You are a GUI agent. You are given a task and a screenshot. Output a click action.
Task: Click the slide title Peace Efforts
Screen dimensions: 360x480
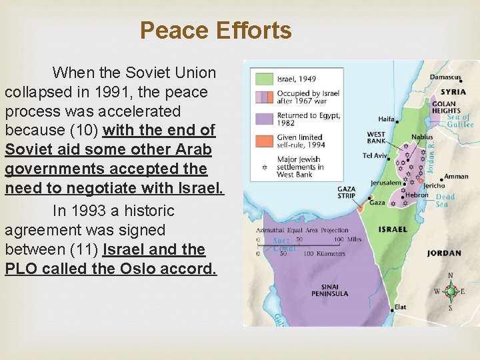coord(215,31)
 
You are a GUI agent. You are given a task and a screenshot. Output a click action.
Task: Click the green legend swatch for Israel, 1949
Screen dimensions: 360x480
coord(263,79)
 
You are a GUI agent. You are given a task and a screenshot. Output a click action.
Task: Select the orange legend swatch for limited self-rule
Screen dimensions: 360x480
coord(263,141)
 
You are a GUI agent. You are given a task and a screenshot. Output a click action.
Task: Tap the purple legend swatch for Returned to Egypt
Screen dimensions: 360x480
coord(263,119)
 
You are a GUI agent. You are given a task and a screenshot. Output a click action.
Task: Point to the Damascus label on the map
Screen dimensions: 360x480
coord(446,78)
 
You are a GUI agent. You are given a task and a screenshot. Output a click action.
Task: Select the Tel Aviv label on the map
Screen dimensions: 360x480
coord(373,156)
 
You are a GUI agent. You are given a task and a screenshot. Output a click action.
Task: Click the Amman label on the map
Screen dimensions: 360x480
coord(457,177)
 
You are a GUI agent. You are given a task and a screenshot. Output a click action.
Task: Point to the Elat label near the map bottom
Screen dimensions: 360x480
coord(400,307)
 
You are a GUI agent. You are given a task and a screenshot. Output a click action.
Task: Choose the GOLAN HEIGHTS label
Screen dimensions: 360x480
coord(444,107)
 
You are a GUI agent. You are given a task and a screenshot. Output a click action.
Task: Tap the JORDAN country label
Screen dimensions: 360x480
coord(444,253)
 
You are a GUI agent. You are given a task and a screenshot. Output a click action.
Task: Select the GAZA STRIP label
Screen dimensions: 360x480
coord(347,193)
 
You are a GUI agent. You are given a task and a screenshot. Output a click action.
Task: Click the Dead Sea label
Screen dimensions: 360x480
coord(445,201)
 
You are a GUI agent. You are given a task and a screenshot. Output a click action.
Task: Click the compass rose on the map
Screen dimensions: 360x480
coord(451,291)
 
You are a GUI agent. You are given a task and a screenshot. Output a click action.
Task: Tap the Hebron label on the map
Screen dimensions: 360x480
coord(417,195)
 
